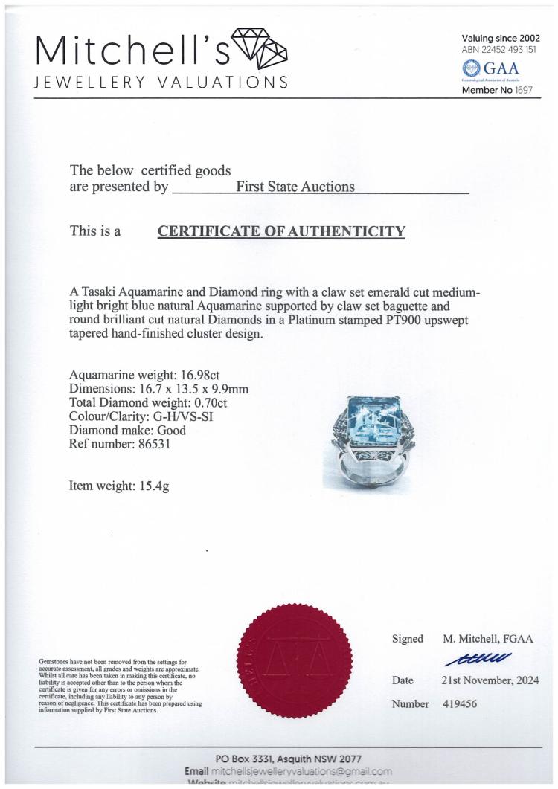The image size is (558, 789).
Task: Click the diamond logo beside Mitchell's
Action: [x=260, y=51]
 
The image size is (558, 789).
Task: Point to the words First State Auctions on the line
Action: [x=295, y=187]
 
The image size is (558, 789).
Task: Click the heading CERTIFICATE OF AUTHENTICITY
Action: [x=281, y=231]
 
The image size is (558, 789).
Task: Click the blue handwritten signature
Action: [x=478, y=657]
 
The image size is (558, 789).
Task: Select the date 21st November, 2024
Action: [x=490, y=680]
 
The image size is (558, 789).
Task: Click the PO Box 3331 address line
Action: [x=289, y=759]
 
